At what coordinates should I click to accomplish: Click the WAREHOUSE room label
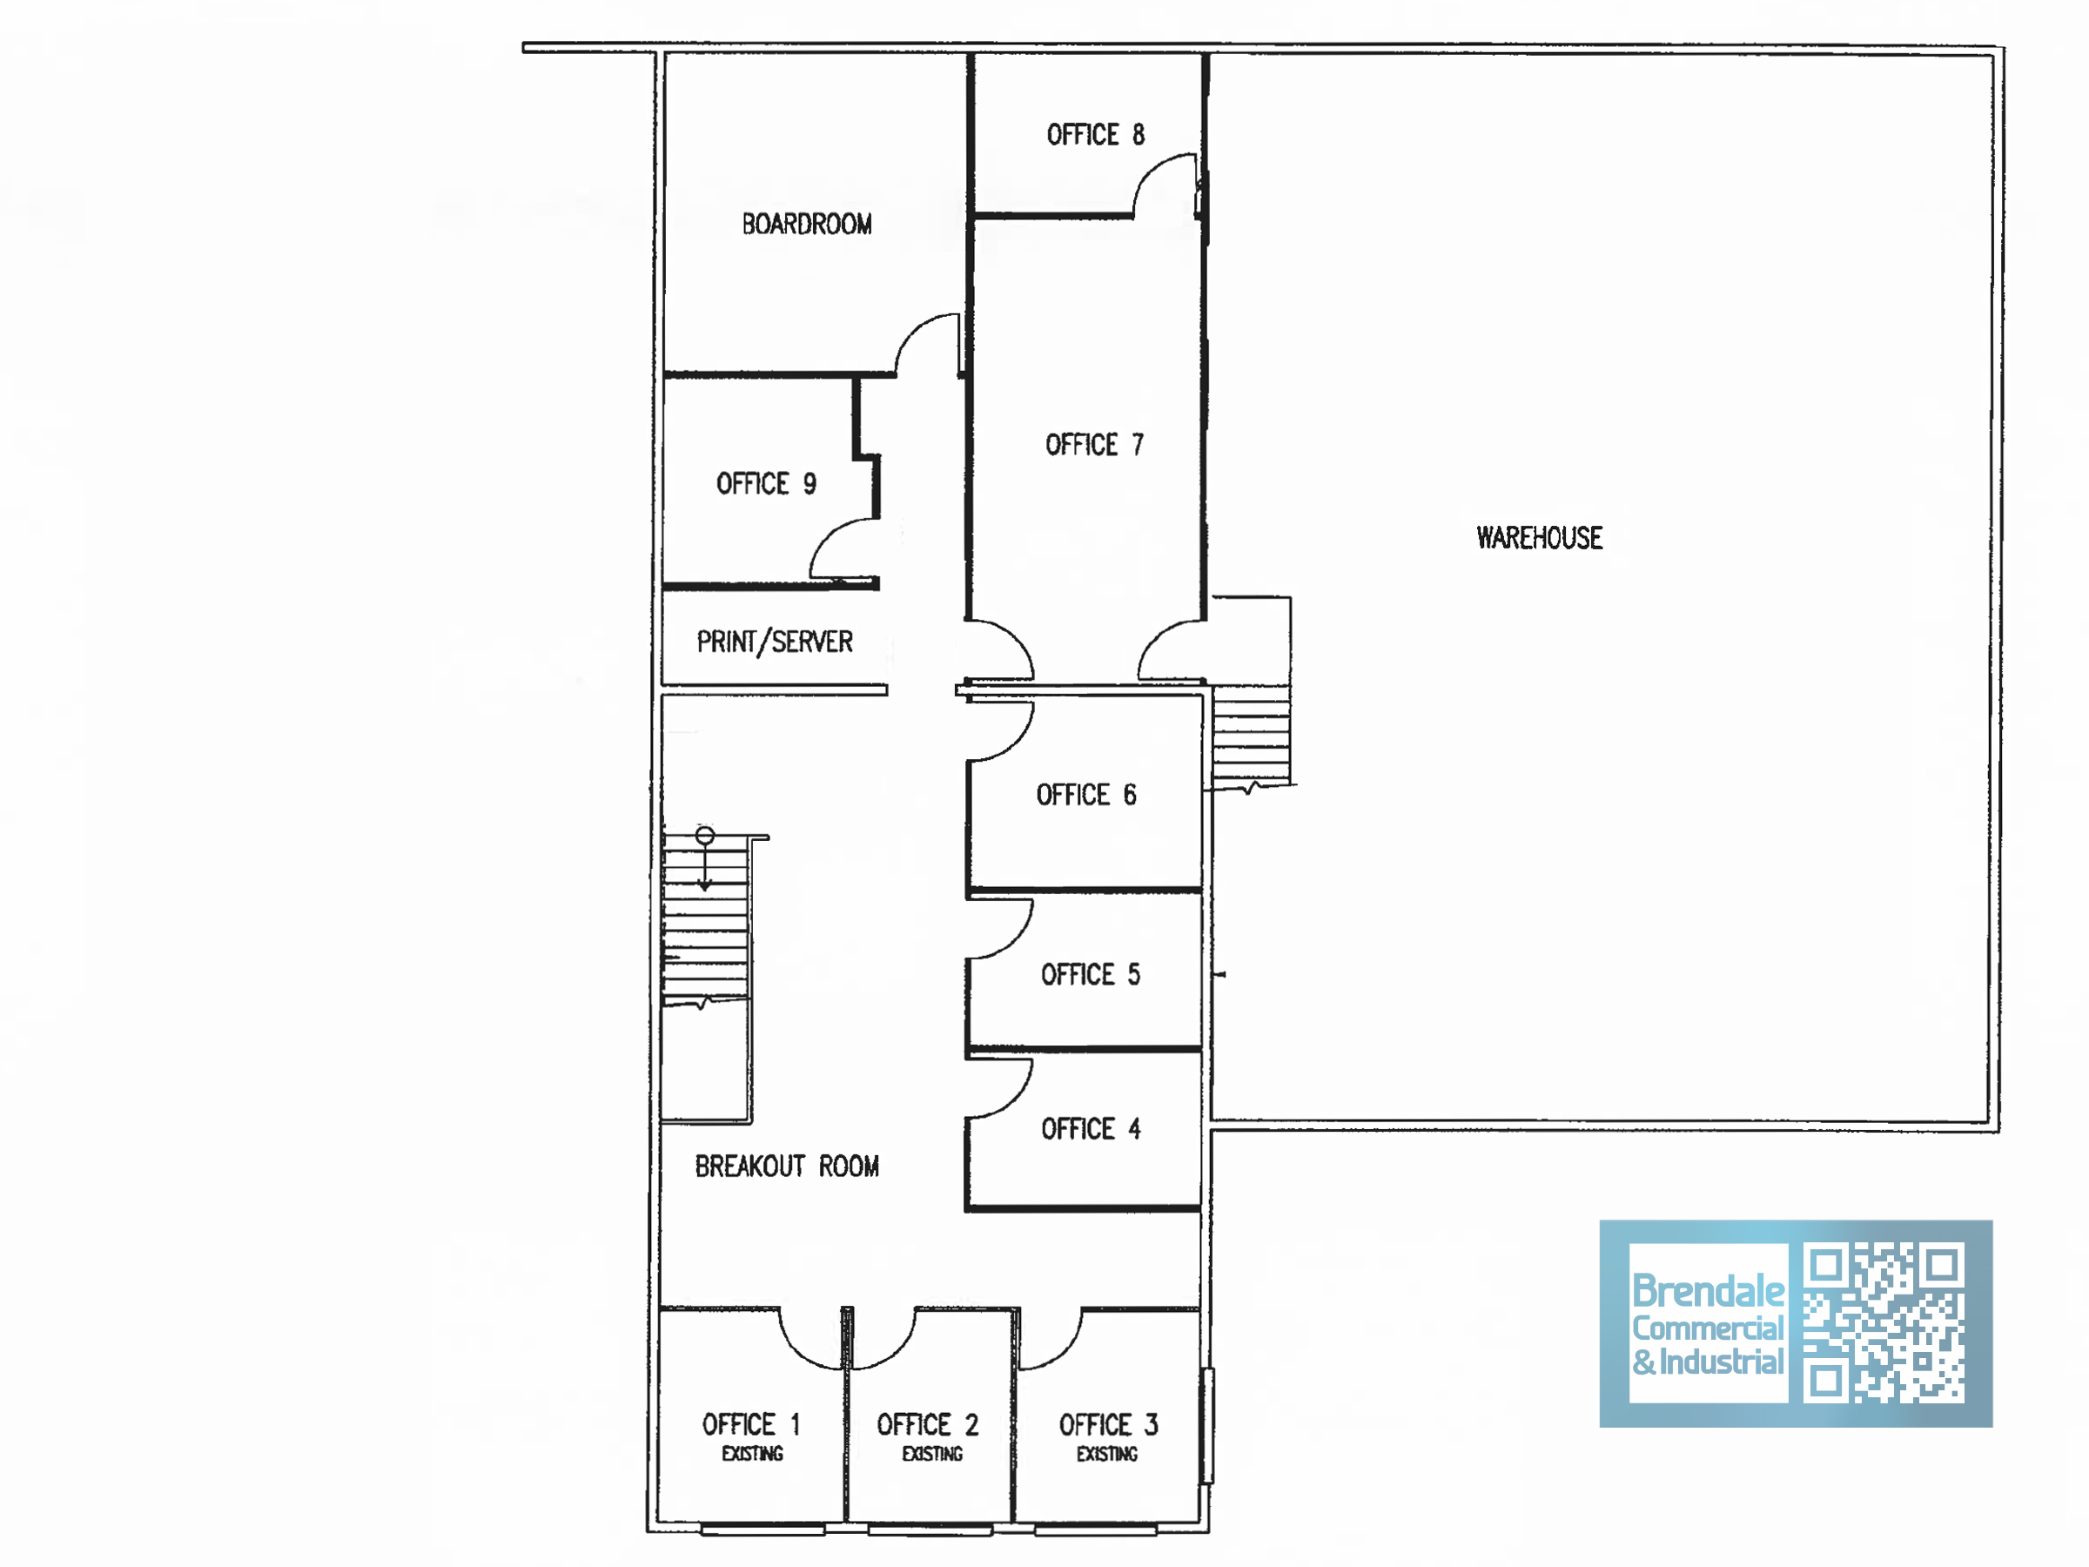(1540, 537)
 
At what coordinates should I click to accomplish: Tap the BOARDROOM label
(807, 224)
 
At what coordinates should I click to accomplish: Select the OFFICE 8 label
(1096, 134)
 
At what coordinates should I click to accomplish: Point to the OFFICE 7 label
(1095, 444)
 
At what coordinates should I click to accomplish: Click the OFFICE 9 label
(766, 484)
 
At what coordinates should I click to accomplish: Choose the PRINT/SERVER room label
(775, 642)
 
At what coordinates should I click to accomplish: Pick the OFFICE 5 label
(1091, 974)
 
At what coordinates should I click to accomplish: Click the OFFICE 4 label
(1091, 1129)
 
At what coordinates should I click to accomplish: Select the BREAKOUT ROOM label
(787, 1167)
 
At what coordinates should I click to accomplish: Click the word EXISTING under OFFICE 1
(753, 1454)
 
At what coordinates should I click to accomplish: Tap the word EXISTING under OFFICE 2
(932, 1454)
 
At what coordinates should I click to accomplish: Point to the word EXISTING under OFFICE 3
(1107, 1454)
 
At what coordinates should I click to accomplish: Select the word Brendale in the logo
(1708, 1290)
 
